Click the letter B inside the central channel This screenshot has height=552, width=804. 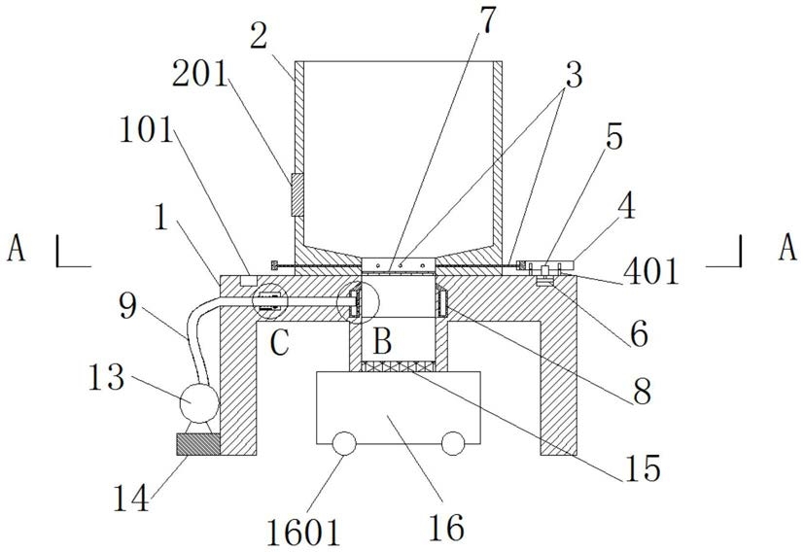pyautogui.click(x=381, y=342)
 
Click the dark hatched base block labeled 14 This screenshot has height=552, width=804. pyautogui.click(x=198, y=443)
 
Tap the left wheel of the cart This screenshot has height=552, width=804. pyautogui.click(x=343, y=444)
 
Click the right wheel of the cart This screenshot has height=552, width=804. pyautogui.click(x=453, y=444)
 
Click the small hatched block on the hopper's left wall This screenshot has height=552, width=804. pyautogui.click(x=296, y=193)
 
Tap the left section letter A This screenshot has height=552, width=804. pyautogui.click(x=17, y=250)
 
